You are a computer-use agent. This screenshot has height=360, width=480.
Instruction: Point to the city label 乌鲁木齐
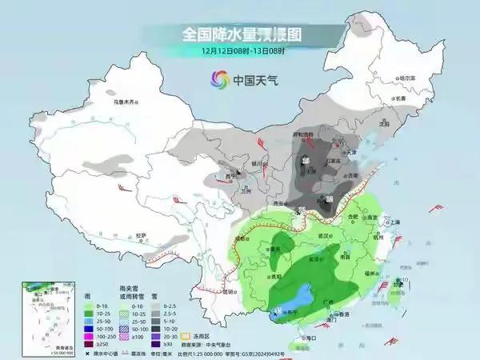[x=126, y=102]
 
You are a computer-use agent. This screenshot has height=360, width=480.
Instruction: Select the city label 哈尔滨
[x=407, y=78]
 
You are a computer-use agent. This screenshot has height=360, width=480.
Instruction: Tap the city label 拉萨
[x=141, y=235]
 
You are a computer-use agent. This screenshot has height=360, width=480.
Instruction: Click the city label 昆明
[x=230, y=291]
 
